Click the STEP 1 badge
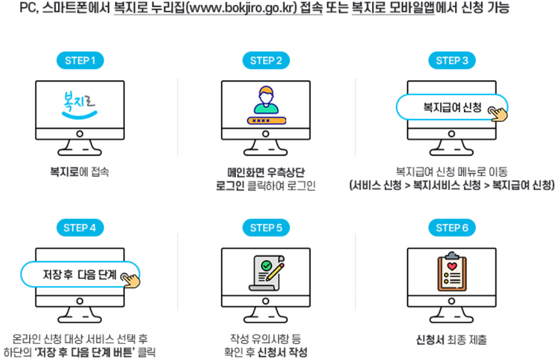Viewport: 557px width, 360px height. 80,60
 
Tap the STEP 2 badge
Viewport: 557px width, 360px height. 265,60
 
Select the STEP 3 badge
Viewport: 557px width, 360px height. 452,60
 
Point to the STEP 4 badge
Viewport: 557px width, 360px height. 80,228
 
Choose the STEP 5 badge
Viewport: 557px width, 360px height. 265,228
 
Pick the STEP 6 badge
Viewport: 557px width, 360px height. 452,228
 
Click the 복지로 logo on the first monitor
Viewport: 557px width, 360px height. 79,106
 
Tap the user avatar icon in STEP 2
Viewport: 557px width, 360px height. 265,100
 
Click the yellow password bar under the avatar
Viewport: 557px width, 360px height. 266,120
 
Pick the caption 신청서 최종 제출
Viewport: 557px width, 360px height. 452,340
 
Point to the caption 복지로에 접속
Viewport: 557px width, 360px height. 79,172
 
